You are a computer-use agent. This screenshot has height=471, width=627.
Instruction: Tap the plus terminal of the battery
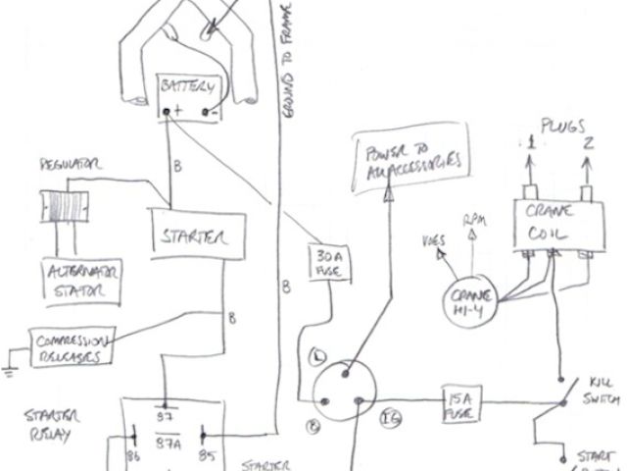178,111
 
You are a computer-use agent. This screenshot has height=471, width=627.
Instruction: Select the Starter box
191,236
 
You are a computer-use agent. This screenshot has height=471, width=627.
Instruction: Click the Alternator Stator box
73,282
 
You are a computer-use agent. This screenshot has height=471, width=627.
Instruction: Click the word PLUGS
562,127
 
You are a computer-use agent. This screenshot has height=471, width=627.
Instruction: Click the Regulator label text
67,166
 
